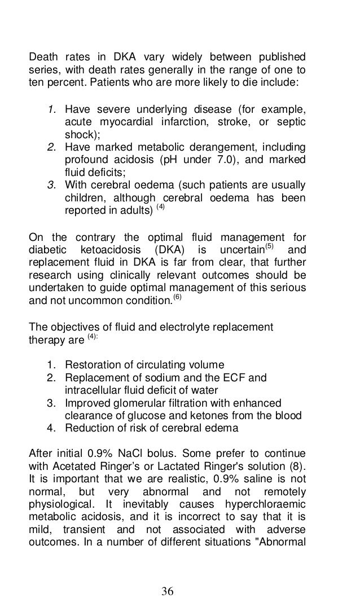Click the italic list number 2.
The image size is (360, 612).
(51, 148)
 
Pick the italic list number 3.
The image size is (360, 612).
(51, 186)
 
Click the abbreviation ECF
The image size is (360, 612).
(231, 377)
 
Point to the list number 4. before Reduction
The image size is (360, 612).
(52, 428)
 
